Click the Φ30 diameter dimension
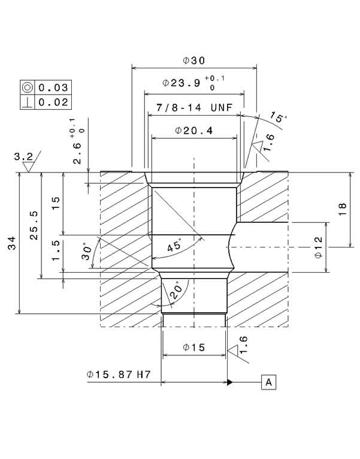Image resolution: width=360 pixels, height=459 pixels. coord(194,61)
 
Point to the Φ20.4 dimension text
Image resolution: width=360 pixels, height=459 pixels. coord(195,130)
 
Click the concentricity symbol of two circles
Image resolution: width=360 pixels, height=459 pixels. coord(28,87)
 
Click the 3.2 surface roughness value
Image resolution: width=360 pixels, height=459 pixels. coord(23,157)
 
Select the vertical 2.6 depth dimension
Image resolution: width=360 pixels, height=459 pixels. coord(77,146)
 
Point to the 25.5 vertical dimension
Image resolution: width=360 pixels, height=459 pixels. coord(34,225)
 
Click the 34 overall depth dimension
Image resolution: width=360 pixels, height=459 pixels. coord(13,243)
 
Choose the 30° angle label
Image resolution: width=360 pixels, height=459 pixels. coord(87,251)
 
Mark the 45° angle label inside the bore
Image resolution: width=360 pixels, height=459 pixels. coord(175,246)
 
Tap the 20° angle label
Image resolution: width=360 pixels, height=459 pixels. coord(175,291)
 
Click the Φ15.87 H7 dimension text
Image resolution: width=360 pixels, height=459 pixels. coord(118,375)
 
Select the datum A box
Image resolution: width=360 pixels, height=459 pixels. coord(268,382)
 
